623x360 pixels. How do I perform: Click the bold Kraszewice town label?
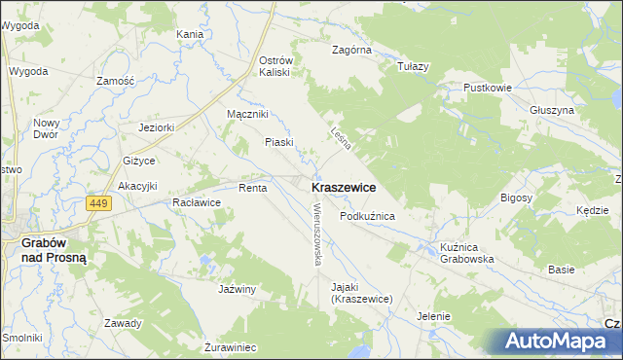coord(344,186)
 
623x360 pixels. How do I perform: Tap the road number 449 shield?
coord(97,203)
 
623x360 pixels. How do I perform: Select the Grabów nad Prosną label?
coord(55,250)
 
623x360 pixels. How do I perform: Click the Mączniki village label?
coord(246,115)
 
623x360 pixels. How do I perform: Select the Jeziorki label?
coord(156,126)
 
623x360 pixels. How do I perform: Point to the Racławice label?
coord(196,202)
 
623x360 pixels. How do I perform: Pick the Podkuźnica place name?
coord(367,216)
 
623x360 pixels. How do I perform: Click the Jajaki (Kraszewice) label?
coord(360,293)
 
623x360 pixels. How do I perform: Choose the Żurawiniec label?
coord(230,346)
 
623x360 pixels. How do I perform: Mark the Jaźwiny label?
coord(237,289)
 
